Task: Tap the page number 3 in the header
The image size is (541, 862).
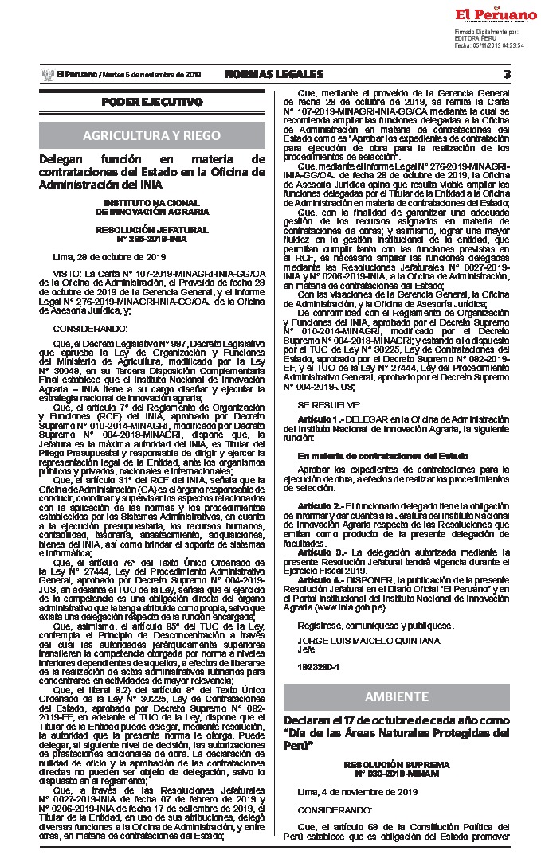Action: pyautogui.click(x=507, y=74)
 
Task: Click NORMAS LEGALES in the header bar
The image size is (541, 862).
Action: pyautogui.click(x=274, y=74)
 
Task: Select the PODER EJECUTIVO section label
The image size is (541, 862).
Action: pyautogui.click(x=152, y=103)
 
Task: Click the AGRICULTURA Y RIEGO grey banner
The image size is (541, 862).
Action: pyautogui.click(x=152, y=135)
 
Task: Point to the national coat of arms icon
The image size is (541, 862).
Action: pyautogui.click(x=45, y=74)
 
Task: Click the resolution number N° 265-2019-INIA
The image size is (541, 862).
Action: pyautogui.click(x=152, y=238)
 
